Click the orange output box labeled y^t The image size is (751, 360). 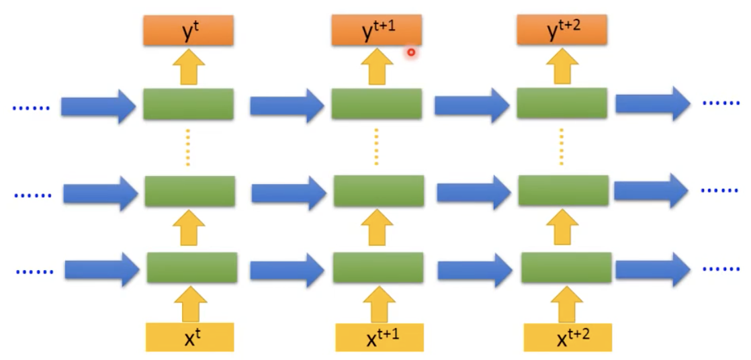[188, 31]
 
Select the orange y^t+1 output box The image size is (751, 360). [376, 31]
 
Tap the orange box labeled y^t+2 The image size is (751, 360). [562, 31]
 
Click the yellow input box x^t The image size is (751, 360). [189, 337]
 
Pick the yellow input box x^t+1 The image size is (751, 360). [380, 338]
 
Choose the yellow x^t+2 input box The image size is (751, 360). [568, 338]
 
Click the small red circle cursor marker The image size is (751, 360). [411, 52]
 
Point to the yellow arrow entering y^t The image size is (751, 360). [188, 69]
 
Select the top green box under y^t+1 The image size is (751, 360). [376, 104]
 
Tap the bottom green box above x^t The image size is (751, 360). [192, 267]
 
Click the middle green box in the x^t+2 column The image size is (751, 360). [563, 191]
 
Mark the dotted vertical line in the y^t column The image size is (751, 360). [188, 148]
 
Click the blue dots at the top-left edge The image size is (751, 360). [31, 107]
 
